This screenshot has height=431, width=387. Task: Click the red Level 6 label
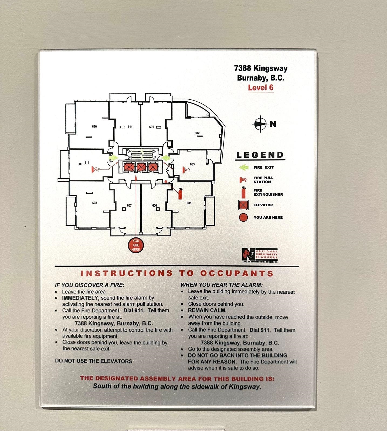coord(260,88)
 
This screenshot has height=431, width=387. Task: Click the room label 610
coord(94,127)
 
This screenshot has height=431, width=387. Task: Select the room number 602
coord(197,133)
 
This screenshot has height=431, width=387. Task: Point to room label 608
coord(94,203)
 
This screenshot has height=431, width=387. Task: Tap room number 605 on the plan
coord(189,203)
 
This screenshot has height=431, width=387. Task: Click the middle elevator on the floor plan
coord(141,167)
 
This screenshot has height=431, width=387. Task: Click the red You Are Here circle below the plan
coord(136,245)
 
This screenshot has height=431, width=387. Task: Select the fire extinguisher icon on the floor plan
coord(180,193)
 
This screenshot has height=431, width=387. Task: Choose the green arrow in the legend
coord(244,167)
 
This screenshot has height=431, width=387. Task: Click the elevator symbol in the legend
coord(243,205)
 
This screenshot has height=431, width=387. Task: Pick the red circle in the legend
coord(243,217)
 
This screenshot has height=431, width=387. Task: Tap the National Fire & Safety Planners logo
coord(260,255)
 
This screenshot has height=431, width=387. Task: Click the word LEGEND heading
coord(260,155)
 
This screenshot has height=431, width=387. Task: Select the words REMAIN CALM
coord(207,310)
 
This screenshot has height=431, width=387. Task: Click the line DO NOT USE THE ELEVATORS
coord(93,361)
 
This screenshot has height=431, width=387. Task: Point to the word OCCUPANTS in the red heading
coord(237,273)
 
